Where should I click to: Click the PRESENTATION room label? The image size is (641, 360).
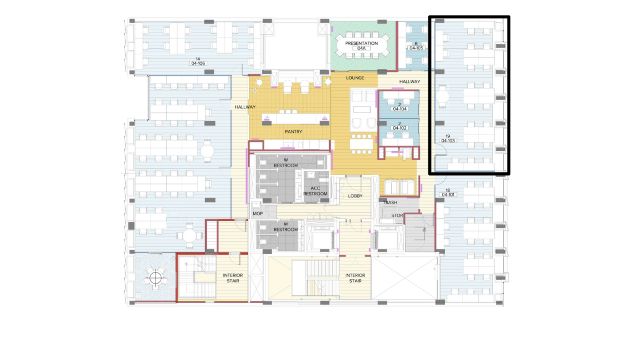361,43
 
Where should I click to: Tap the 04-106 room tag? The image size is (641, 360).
198,63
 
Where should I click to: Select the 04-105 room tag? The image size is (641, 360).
416,48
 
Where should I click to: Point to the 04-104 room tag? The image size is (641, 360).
399,109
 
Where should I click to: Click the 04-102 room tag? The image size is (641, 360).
399,128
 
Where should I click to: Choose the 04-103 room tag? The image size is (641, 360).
448,141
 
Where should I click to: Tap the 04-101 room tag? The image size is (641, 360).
448,195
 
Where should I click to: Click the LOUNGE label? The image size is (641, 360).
355,78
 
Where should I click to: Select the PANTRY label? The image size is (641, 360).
294,132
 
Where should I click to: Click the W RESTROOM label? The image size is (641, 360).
286,163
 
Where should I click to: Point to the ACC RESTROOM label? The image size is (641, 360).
315,191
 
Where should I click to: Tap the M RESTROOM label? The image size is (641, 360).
286,227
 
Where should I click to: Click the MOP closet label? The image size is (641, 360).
258,214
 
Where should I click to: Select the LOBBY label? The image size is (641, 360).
355,196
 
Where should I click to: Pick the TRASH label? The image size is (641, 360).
391,203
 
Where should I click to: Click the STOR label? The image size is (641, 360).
397,215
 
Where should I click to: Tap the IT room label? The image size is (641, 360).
424,230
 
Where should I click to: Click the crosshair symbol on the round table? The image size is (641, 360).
155,278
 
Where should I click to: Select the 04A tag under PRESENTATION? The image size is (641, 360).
361,49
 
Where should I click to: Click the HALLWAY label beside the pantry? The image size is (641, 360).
245,107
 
